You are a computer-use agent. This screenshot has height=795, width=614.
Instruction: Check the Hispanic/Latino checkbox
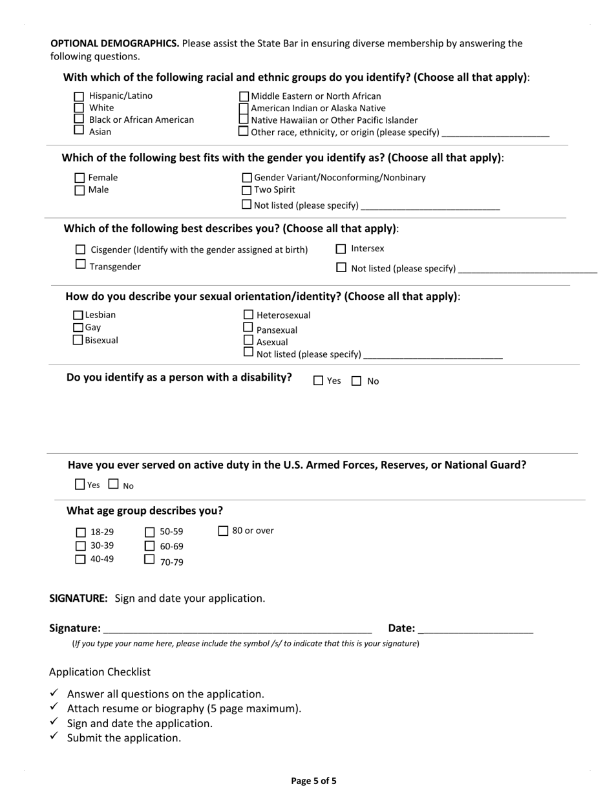pos(79,97)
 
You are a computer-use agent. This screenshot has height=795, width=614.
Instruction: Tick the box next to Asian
pos(79,130)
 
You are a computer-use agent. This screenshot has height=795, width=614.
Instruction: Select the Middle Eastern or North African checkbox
pos(244,97)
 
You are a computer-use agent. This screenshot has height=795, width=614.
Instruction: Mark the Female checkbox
pos(79,178)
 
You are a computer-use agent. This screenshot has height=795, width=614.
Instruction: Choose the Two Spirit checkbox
pos(246,190)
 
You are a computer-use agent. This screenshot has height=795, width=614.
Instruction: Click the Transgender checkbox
pos(81,264)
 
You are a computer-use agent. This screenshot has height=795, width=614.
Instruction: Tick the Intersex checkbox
pos(341,249)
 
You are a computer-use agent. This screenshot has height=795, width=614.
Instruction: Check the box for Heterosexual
pos(248,315)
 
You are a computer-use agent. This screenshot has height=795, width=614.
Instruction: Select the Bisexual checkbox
pos(78,340)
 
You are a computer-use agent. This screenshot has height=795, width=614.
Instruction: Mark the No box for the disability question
pos(357,381)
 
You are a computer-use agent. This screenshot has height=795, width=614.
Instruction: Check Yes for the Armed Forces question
pos(80,484)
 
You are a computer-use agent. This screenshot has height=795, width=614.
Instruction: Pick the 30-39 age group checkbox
pos(81,546)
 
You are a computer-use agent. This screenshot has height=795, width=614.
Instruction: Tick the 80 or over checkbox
pos(224,531)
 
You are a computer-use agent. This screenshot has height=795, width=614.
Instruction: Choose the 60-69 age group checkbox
pos(150,546)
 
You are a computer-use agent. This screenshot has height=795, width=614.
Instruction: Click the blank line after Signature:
pos(237,629)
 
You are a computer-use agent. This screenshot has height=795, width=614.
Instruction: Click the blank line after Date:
pos(476,629)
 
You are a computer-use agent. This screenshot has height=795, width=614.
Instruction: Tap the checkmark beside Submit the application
pos(55,736)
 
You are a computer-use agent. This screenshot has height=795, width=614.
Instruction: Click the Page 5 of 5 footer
pos(313,781)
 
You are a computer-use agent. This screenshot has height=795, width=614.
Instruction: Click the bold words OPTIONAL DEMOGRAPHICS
pos(115,43)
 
